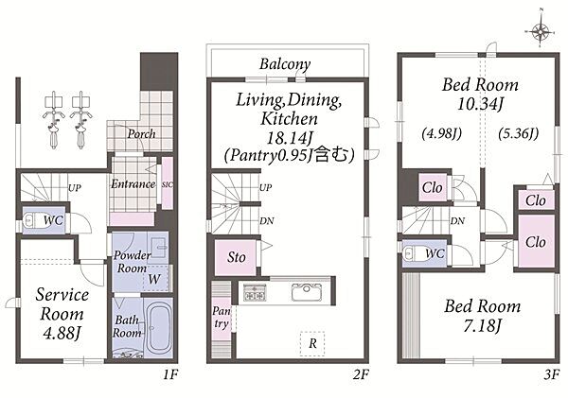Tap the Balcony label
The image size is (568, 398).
285,64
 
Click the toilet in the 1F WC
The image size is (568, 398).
33,220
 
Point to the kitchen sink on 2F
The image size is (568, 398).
307,291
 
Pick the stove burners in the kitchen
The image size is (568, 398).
255,292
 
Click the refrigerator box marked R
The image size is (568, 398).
312,343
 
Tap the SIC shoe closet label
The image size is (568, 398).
167,184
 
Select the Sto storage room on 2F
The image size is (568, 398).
236,257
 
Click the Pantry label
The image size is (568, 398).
222,317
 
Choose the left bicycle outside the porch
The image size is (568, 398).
54,120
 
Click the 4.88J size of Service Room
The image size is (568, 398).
62,333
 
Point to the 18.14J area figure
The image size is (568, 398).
290,137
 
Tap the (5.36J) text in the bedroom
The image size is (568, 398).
518,133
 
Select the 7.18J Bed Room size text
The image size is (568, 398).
482,326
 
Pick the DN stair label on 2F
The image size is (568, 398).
267,220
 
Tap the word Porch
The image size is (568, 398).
141,134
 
